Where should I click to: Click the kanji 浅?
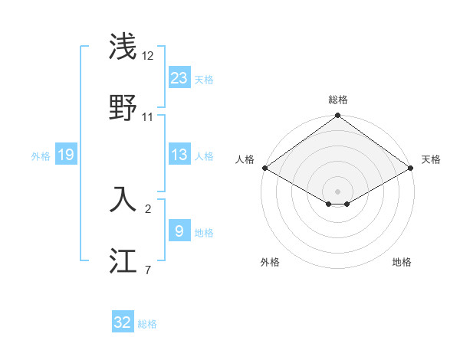[x=123, y=46]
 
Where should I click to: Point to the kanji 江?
[x=123, y=262]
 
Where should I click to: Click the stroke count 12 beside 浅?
[x=148, y=56]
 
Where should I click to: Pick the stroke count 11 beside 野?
[x=148, y=117]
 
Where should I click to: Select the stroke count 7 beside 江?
[x=148, y=270]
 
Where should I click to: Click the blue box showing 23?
[x=179, y=78]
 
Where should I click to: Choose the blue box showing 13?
[x=179, y=155]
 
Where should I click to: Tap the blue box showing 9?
[x=179, y=231]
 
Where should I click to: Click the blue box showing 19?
[x=65, y=155]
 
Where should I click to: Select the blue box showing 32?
[x=123, y=322]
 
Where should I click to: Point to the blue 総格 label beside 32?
[x=147, y=324]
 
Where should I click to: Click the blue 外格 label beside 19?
[x=41, y=156]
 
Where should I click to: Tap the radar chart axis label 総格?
[x=337, y=100]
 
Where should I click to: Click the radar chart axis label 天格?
[x=431, y=159]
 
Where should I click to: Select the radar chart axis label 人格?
[x=245, y=159]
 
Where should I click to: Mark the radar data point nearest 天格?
[x=412, y=168]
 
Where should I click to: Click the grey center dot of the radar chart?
[x=337, y=191]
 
